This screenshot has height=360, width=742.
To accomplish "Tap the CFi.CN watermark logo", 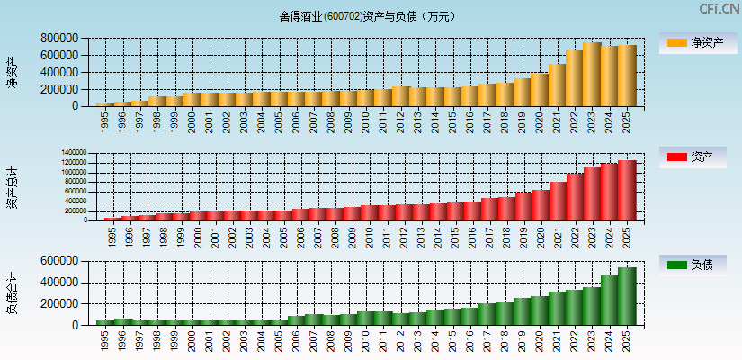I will tap(720, 9).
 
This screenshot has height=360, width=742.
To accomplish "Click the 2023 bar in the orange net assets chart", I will tap(592, 75).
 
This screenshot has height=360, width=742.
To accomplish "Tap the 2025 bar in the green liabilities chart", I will tap(627, 296).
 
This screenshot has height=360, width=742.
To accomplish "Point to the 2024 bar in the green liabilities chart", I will tap(609, 301).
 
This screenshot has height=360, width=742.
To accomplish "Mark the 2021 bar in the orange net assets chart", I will tap(557, 85).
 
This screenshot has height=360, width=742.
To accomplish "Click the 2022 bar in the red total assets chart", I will tap(574, 197).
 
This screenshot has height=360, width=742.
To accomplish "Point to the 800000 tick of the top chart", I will tap(58, 39).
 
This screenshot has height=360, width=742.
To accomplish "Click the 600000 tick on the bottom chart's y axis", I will tap(58, 261).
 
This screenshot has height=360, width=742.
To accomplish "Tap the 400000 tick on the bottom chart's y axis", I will tap(58, 283).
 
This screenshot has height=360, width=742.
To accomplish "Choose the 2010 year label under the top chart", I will tap(366, 122).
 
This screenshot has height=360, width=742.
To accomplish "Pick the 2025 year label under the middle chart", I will tap(628, 236).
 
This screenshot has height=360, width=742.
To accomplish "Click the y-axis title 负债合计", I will tap(13, 292).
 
